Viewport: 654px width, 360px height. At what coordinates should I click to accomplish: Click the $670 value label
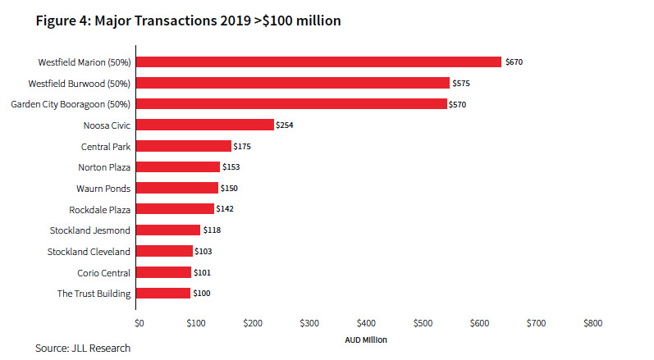(x=515, y=62)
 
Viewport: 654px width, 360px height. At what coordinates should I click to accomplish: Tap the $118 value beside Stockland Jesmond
(x=212, y=230)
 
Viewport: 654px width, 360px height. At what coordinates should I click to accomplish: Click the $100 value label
(x=202, y=293)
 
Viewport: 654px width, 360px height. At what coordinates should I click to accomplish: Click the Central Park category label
(x=106, y=146)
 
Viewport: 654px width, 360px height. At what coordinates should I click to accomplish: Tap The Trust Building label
(x=94, y=293)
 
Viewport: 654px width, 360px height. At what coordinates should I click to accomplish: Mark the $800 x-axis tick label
(x=592, y=323)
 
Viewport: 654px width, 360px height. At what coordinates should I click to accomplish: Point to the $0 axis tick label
(x=139, y=323)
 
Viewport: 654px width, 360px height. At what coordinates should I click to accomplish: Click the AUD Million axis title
(x=365, y=339)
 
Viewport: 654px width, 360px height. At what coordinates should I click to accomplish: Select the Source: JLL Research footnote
(x=82, y=349)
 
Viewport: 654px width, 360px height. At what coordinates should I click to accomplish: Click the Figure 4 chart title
(x=188, y=21)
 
